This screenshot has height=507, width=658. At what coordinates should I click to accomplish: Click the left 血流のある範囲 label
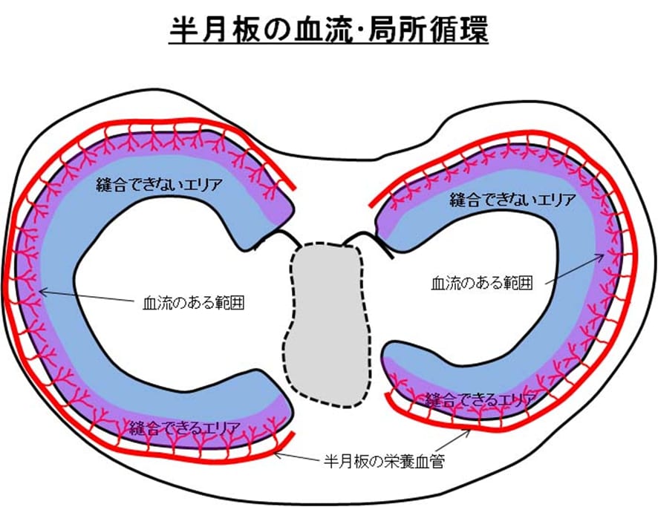[x=194, y=303]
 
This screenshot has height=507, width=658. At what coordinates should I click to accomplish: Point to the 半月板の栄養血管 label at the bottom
[x=379, y=461]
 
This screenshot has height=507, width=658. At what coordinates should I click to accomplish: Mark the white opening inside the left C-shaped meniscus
[x=171, y=297]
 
